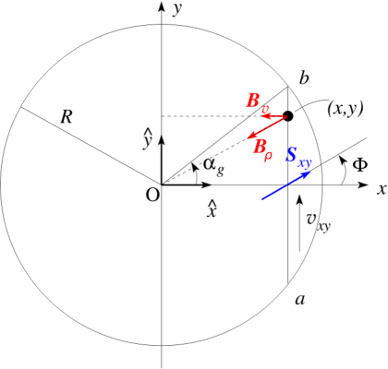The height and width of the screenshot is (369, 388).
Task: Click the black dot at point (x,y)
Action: pos(287,116)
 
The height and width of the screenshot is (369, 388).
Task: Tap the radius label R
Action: pos(66,117)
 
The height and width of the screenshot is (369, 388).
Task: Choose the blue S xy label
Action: pos(297,160)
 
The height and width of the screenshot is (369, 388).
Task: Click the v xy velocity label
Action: pos(317,221)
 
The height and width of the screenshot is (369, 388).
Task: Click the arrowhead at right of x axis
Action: pos(367,185)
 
